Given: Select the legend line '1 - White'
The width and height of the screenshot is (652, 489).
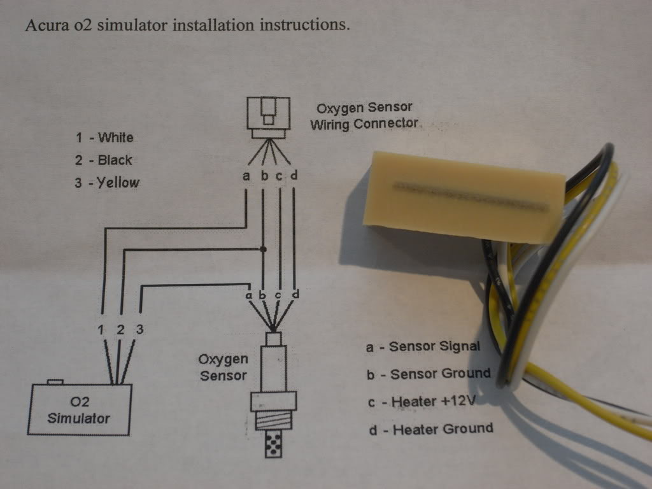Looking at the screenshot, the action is (x=104, y=138).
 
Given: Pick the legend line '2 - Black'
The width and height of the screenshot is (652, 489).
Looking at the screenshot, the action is (x=104, y=160).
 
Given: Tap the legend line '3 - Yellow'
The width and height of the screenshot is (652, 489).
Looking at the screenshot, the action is (x=107, y=183).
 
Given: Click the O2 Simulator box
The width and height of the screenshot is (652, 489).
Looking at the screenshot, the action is (x=80, y=409).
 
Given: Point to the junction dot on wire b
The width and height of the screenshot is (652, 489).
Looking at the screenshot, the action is (x=263, y=250).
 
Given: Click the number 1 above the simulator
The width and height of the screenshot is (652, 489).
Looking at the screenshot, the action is (x=101, y=330).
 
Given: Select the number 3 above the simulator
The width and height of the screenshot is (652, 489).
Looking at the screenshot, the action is (x=139, y=329).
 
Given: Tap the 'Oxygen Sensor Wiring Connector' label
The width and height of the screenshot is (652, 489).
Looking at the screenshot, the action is (x=364, y=116).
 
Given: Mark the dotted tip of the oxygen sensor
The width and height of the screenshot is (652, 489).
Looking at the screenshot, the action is (x=273, y=444).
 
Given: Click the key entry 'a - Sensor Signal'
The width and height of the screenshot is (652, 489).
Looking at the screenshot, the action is (x=423, y=346).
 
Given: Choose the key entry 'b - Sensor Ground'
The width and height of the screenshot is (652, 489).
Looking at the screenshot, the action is (x=429, y=374).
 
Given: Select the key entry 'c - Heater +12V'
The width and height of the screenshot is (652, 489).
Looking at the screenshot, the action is (x=422, y=402).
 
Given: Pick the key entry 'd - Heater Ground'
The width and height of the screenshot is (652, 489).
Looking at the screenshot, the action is (x=431, y=429).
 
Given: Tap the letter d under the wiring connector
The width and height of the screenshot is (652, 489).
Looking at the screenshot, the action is (x=294, y=176).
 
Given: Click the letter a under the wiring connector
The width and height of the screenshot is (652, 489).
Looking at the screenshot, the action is (x=246, y=176).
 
